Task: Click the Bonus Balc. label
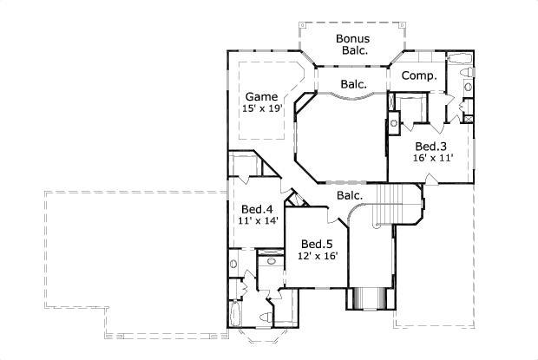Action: (x=353, y=44)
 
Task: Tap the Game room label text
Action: (x=260, y=96)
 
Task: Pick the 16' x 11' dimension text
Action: (x=430, y=159)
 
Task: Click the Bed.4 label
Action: (x=257, y=210)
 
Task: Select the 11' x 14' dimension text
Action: (x=257, y=222)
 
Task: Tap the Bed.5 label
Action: (x=317, y=244)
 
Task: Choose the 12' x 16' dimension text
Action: (x=317, y=256)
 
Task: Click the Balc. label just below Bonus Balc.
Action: (x=353, y=84)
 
